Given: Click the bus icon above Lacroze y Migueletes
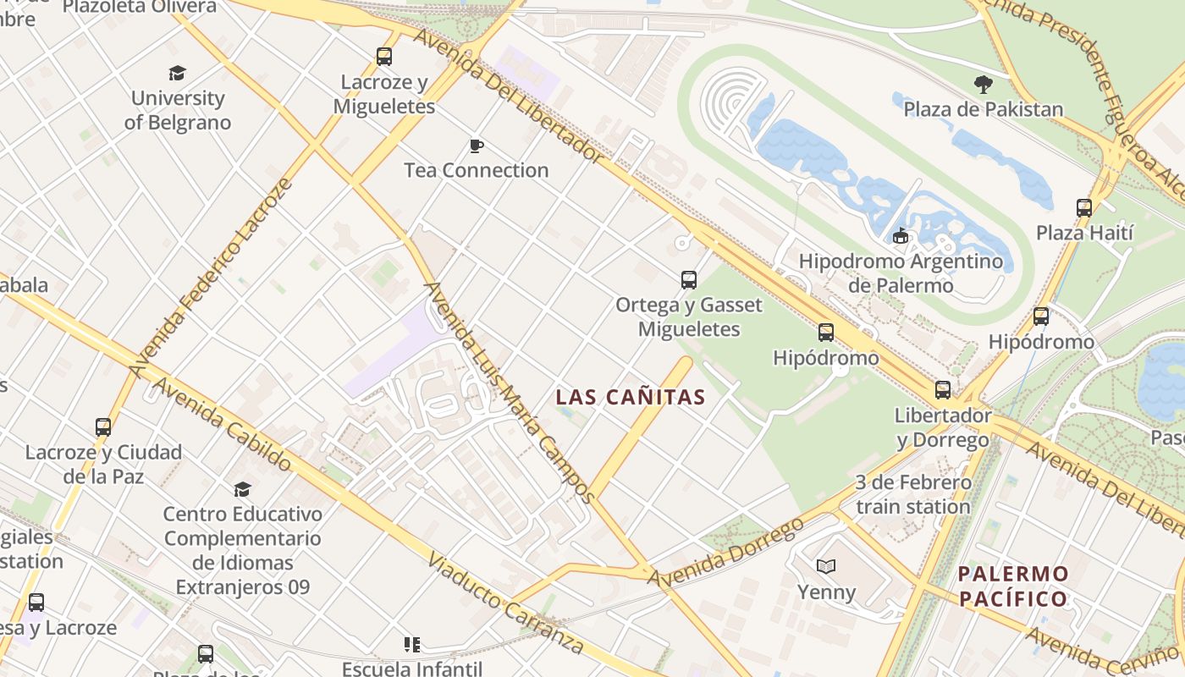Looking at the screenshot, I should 384,57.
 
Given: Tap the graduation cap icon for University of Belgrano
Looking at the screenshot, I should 177,74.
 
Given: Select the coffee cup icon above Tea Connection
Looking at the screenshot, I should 477,146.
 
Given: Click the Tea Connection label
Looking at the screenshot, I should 477,170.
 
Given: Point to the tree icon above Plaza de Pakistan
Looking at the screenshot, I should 983,84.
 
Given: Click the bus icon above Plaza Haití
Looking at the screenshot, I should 1084,207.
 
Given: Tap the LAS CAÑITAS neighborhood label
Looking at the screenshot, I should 631,397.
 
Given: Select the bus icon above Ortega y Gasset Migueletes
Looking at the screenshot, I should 689,279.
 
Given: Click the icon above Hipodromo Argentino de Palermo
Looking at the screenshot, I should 901,236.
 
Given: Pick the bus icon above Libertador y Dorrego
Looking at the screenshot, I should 943,390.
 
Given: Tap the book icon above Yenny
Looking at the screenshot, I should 826,566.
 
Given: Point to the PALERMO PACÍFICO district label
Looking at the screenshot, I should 1013,586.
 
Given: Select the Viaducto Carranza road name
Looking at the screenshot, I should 505,603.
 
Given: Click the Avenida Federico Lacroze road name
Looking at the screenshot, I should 212,277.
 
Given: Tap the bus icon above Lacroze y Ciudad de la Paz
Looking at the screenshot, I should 103,427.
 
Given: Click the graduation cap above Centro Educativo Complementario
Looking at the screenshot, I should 243,489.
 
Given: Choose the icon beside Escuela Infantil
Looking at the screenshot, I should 412,645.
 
